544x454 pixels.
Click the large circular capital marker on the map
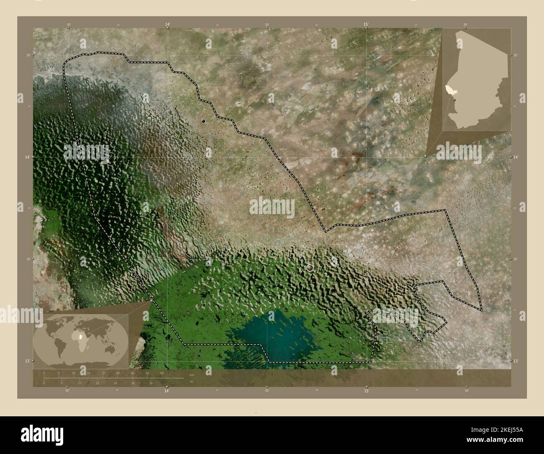(310, 267)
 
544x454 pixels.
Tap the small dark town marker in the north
(203, 121)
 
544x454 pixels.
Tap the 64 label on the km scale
(162, 373)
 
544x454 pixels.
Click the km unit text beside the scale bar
(192, 374)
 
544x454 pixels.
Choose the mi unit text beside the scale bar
(191, 382)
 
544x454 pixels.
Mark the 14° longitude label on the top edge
(167, 25)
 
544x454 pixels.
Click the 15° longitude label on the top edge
(366, 25)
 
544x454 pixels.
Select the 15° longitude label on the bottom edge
(366, 391)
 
